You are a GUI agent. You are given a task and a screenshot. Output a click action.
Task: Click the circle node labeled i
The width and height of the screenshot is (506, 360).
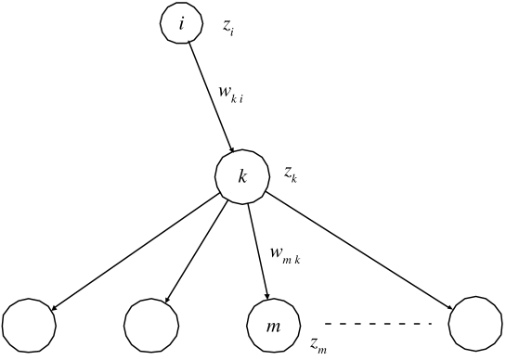click(x=181, y=24)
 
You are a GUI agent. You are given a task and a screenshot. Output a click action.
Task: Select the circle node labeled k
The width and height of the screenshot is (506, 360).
click(x=242, y=175)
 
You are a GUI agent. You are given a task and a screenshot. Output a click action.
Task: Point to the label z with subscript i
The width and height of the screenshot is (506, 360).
click(x=228, y=27)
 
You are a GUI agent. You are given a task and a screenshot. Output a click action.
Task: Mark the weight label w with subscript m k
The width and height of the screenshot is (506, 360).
click(x=286, y=252)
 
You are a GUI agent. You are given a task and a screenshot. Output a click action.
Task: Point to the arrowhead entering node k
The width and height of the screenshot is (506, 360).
click(x=231, y=148)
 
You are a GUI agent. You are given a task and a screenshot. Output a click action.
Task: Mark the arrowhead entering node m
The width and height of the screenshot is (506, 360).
click(x=266, y=295)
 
